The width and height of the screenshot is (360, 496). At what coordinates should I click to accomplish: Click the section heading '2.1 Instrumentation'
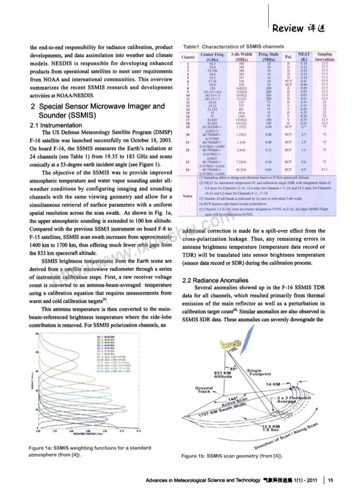[56, 125]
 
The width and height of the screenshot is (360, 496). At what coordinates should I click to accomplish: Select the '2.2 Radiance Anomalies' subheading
[215, 280]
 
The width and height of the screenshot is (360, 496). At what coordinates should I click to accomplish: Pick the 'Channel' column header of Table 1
[188, 57]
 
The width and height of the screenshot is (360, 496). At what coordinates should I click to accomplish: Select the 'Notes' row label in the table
[188, 196]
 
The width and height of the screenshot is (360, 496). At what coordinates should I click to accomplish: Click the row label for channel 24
[188, 169]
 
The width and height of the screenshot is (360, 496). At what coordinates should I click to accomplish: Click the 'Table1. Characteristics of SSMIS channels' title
[232, 46]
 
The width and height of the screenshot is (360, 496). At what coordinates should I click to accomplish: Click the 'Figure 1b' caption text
[232, 456]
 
